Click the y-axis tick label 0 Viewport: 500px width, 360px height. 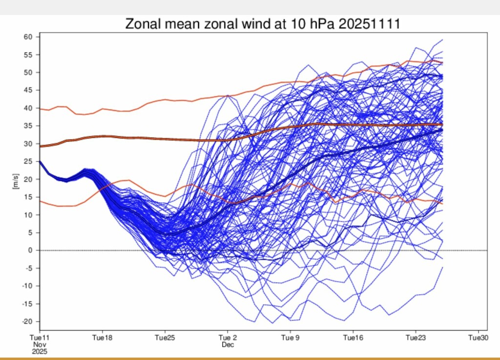point(30,251)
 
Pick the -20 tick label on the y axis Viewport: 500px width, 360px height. point(27,321)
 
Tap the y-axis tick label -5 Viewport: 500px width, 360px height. point(29,268)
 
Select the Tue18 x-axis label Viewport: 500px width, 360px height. point(102,338)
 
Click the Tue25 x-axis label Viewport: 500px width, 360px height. point(165,338)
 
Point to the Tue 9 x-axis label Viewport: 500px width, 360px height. point(290,338)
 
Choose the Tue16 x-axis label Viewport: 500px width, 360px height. point(353,338)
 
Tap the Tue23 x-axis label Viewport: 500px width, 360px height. point(416,338)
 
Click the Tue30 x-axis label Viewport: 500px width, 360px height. point(478,338)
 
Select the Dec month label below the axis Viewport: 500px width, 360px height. point(228,344)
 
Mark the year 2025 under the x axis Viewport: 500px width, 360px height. point(39,351)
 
